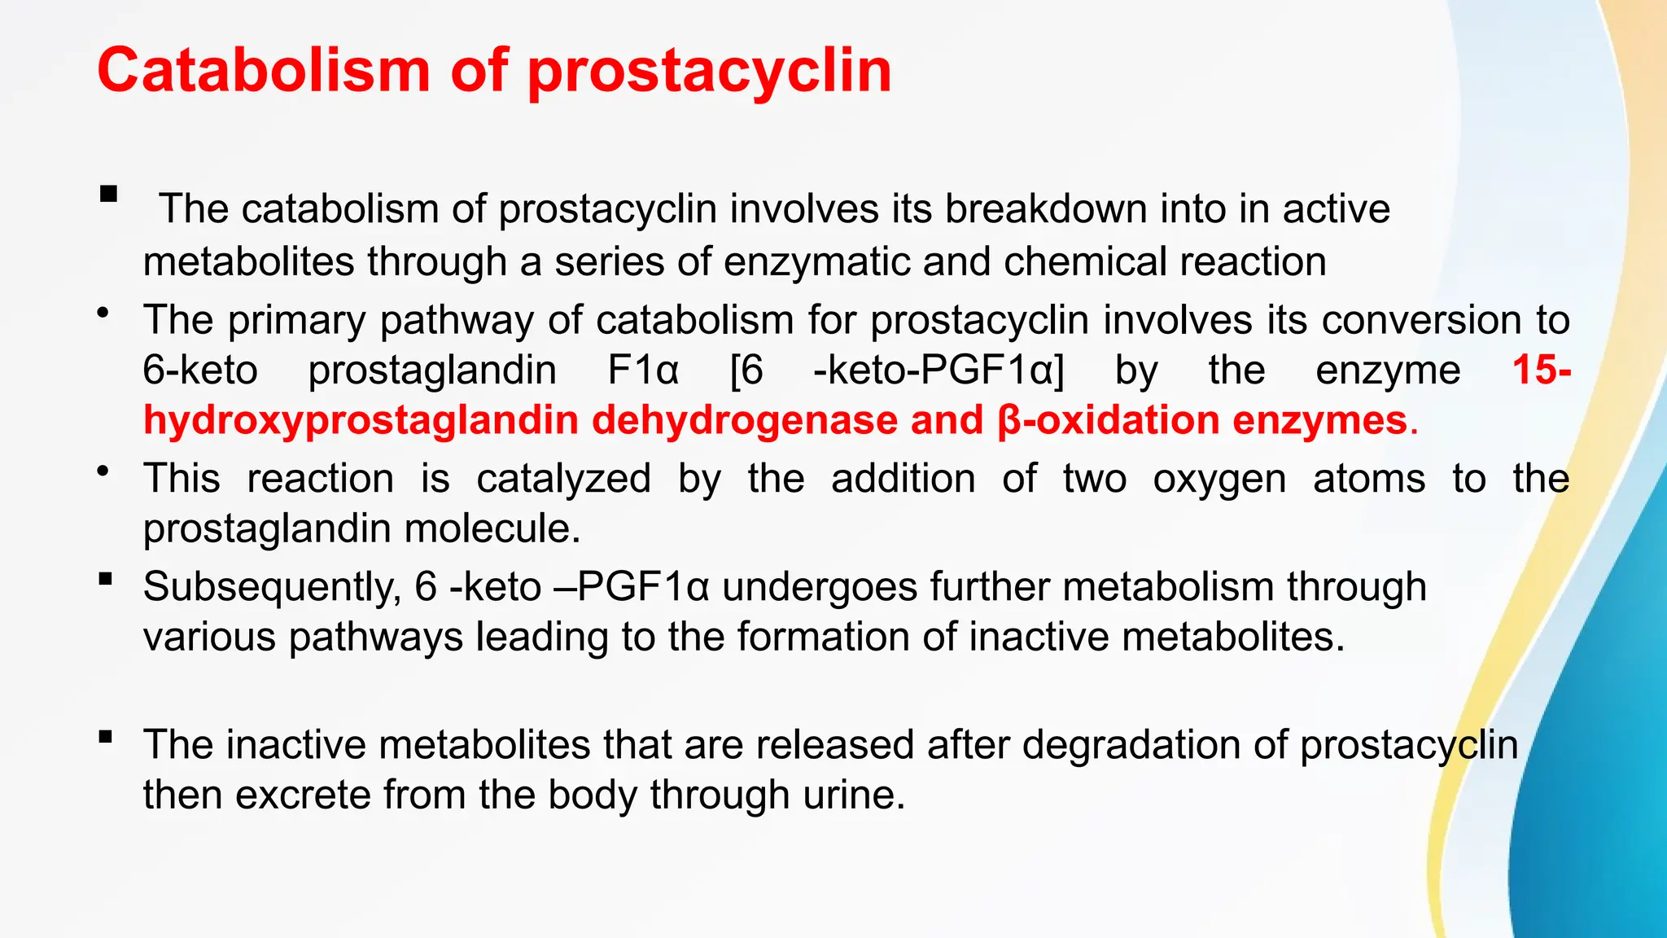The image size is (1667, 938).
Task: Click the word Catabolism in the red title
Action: point(263,71)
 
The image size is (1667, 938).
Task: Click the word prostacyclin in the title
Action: point(709,71)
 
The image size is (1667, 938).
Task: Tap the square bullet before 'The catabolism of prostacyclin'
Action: point(108,195)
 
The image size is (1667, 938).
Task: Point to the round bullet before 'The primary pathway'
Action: point(103,313)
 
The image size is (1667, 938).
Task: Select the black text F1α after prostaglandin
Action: point(643,370)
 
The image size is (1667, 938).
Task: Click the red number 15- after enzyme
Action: point(1541,370)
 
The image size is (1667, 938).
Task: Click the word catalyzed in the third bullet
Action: point(563,479)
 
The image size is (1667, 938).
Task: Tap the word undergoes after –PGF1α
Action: point(820,587)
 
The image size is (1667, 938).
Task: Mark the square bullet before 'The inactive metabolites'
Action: point(105,738)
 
